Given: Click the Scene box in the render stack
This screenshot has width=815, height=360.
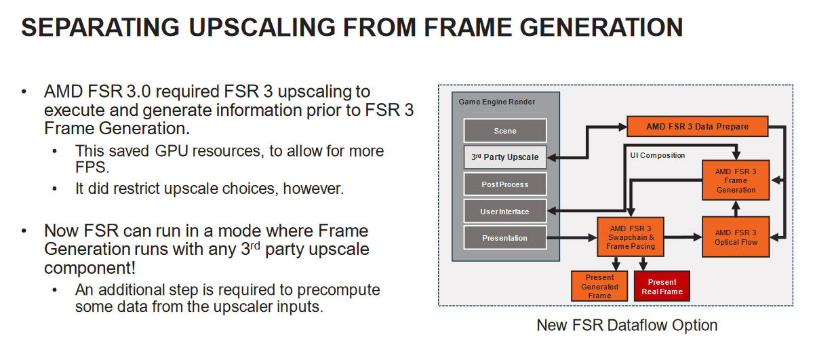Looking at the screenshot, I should (505, 130).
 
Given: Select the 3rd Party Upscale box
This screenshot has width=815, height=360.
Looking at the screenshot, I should (505, 157).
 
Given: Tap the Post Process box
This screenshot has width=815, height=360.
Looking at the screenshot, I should (505, 184).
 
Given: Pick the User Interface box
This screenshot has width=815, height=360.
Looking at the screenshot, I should (505, 212).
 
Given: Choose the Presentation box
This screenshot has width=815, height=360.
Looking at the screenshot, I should (505, 238).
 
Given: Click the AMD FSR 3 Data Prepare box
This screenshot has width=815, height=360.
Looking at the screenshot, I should (697, 126).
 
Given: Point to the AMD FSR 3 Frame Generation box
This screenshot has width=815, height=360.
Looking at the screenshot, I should (736, 180).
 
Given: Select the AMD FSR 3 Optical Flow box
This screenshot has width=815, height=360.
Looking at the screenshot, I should (736, 237).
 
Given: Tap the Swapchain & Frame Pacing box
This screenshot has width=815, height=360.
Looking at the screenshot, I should (631, 237).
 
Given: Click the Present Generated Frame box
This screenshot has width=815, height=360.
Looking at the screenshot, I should (599, 286).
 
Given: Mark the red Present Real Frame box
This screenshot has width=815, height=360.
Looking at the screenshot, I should (662, 286).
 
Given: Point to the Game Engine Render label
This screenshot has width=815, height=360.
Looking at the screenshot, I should (497, 102).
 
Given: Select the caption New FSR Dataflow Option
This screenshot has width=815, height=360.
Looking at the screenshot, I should (627, 325).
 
